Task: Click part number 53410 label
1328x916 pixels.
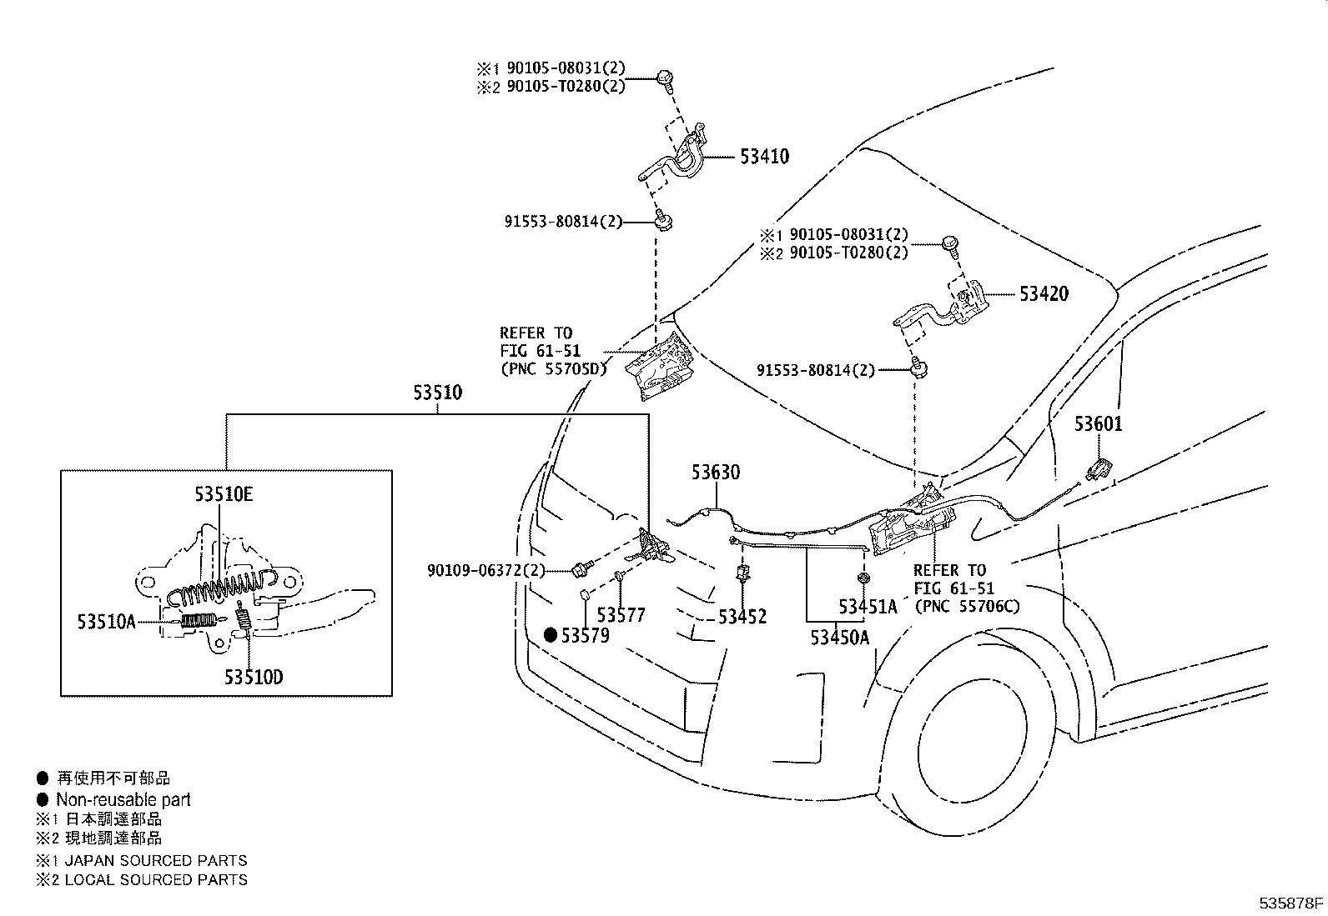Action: click(x=764, y=157)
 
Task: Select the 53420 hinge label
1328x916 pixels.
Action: click(x=1043, y=294)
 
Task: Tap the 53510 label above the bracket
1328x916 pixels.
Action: click(x=437, y=393)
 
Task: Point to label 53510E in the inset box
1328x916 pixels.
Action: click(x=224, y=494)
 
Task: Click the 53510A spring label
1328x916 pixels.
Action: click(x=106, y=622)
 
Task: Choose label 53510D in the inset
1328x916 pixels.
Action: click(x=253, y=677)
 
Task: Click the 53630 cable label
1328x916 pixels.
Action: click(x=715, y=473)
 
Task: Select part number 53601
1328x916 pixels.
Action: click(x=1098, y=424)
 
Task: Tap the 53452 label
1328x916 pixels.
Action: click(x=742, y=617)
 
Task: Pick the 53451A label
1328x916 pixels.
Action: click(x=868, y=607)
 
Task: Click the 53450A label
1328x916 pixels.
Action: click(x=839, y=638)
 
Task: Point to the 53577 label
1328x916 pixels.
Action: click(x=621, y=615)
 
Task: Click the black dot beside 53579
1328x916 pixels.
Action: click(x=551, y=635)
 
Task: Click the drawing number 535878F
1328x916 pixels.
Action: click(x=1291, y=902)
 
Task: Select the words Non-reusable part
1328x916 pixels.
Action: click(x=123, y=799)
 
